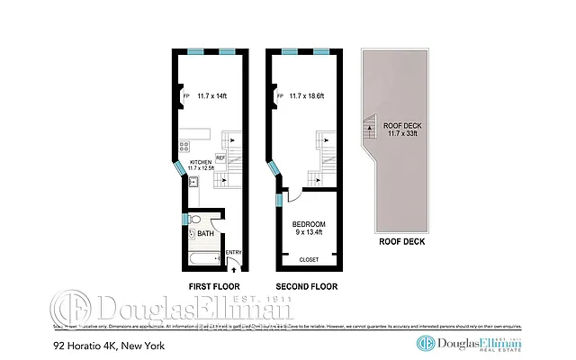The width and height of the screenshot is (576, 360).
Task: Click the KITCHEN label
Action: point(200,161)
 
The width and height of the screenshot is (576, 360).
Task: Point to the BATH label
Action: point(206,234)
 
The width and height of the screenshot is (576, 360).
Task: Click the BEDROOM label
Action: point(309,223)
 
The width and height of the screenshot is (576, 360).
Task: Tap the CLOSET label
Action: point(310,259)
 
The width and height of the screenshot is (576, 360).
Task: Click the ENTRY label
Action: point(233,252)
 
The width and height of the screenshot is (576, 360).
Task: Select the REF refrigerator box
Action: point(220,156)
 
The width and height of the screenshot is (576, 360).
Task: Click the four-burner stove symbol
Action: point(184,145)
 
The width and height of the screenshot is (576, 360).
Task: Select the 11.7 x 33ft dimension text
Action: point(401,134)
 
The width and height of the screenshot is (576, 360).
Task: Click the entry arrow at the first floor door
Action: point(234,265)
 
